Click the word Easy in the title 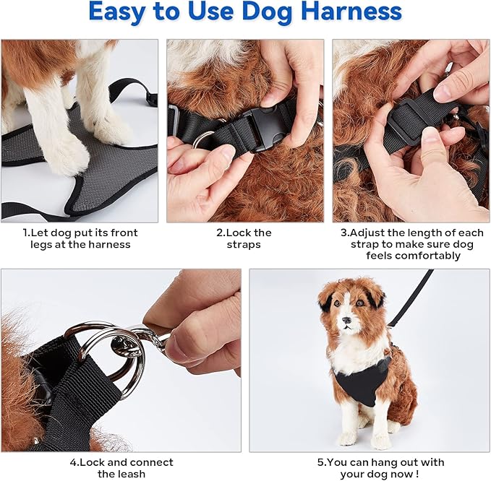[121, 12]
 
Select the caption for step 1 [80, 238]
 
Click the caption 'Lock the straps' [244, 238]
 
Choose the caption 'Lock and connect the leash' [121, 468]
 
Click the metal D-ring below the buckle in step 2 [202, 139]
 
